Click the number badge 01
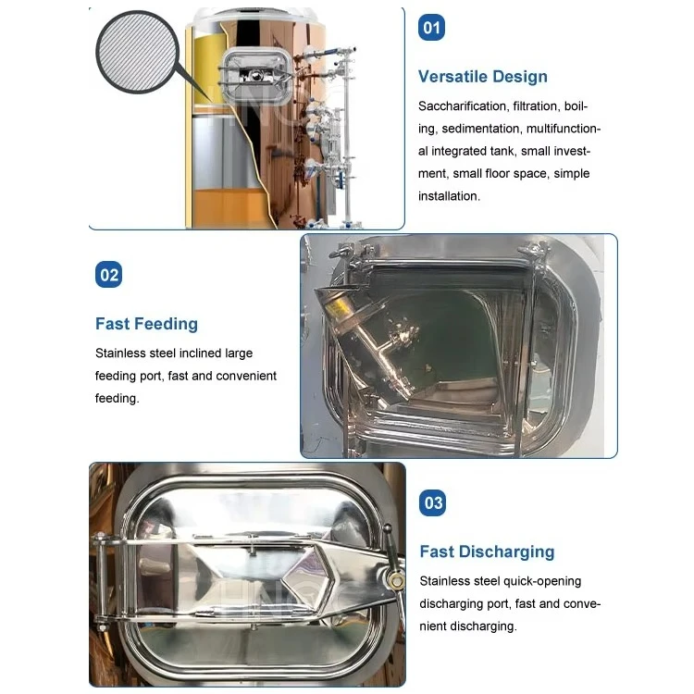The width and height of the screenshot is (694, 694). point(431,28)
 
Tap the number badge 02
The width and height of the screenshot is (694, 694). point(108,275)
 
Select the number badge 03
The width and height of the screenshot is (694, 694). point(432,502)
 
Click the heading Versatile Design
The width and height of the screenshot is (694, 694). point(482,77)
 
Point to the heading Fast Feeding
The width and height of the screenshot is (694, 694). point(146,324)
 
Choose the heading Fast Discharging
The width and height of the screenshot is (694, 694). point(487,551)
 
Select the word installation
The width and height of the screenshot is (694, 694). point(449,196)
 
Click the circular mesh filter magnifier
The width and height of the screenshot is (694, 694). point(138,52)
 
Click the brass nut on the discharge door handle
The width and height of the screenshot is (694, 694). point(396,579)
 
